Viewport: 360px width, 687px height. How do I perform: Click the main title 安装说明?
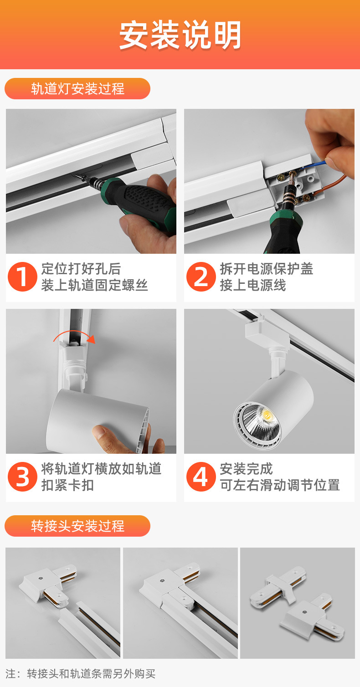point(180,35)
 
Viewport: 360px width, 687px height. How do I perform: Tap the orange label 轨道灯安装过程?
point(77,89)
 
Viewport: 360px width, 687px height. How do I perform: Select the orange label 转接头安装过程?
point(77,526)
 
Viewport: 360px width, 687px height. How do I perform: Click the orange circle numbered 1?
point(22,277)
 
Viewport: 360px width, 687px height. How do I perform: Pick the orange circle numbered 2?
point(201,277)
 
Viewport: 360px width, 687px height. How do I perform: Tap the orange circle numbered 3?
point(22,477)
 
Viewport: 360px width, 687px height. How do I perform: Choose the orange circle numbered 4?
point(201,477)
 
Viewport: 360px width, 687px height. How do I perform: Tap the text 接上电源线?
point(252,285)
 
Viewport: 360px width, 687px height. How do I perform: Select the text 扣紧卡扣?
point(67,485)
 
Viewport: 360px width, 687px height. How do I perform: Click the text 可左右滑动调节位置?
point(280,485)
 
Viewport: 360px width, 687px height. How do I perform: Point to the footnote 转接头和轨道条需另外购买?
point(91,673)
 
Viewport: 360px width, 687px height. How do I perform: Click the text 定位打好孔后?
point(81,269)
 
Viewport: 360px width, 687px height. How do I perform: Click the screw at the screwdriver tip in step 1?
point(80,178)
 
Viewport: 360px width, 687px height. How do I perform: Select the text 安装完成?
point(246,469)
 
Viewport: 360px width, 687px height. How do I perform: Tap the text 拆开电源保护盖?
point(267,269)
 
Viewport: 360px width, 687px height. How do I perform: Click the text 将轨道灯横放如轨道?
point(101,469)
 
